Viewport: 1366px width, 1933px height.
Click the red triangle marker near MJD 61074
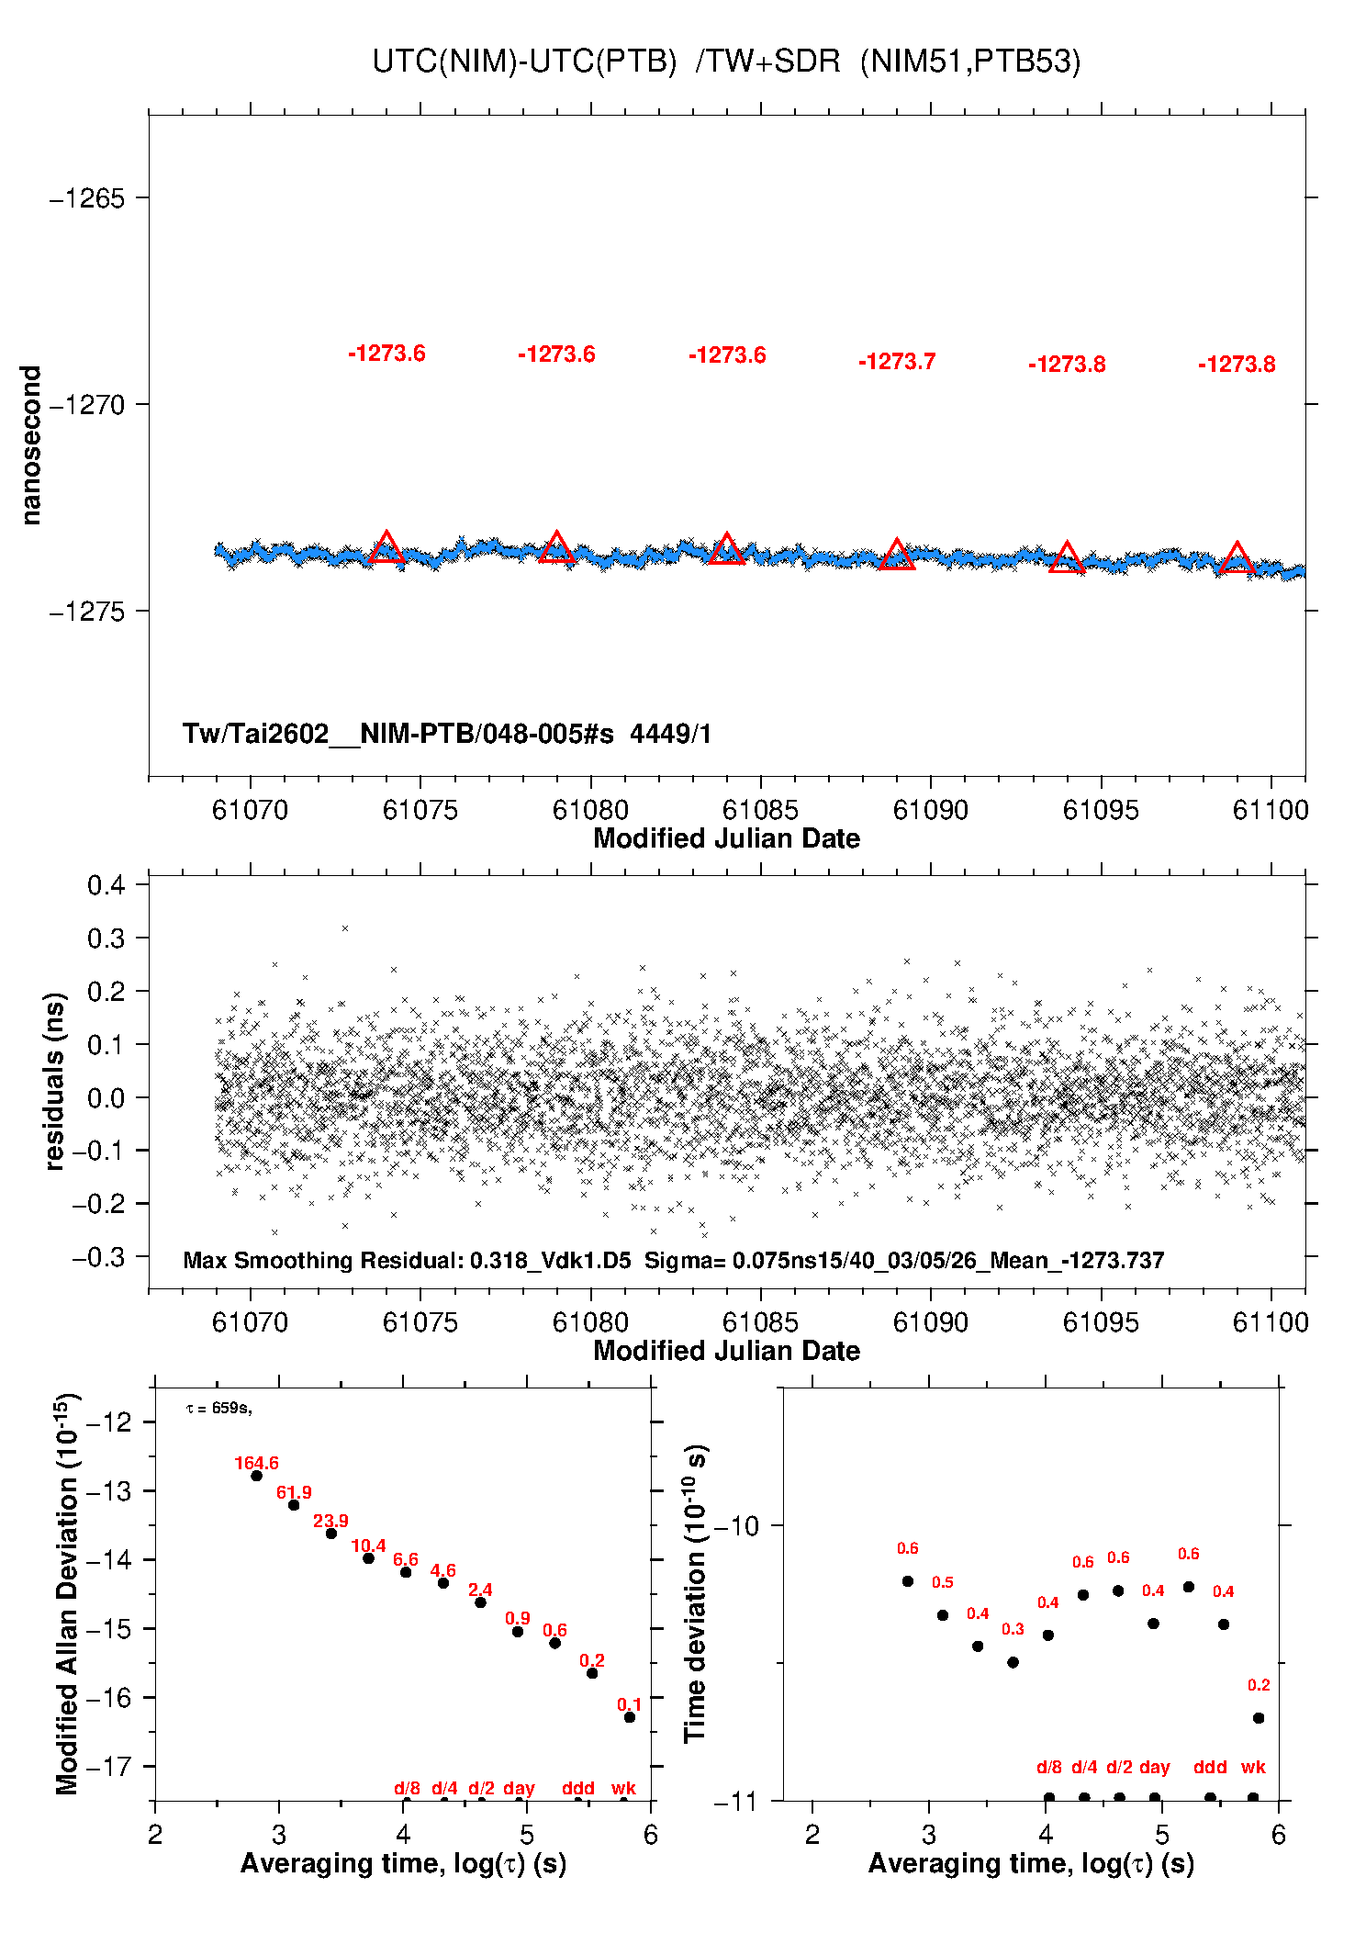[386, 547]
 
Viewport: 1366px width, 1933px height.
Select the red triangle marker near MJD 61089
[897, 555]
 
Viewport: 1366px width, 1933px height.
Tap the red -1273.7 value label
[897, 362]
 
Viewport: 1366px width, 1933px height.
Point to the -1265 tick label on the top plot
[88, 198]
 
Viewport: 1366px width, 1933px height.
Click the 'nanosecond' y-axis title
[31, 445]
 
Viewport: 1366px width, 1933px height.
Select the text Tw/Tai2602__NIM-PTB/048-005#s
[397, 734]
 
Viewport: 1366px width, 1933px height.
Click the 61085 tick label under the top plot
[760, 810]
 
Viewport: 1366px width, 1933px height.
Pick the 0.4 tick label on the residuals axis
[106, 885]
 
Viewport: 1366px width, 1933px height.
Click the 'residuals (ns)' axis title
[55, 1081]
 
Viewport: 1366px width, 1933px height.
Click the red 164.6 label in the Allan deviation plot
[256, 1464]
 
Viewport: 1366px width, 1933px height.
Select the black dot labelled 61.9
[294, 1505]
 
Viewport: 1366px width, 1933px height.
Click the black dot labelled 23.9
[331, 1534]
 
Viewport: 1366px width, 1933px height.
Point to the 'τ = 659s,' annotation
[218, 1409]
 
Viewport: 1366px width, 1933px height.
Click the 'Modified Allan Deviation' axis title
[67, 1594]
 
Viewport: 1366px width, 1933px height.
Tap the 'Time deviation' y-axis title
[695, 1593]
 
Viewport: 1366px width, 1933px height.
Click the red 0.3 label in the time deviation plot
[1013, 1629]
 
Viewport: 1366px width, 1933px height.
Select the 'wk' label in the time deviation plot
[1253, 1767]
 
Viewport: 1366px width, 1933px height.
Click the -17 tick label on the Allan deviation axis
[108, 1766]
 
